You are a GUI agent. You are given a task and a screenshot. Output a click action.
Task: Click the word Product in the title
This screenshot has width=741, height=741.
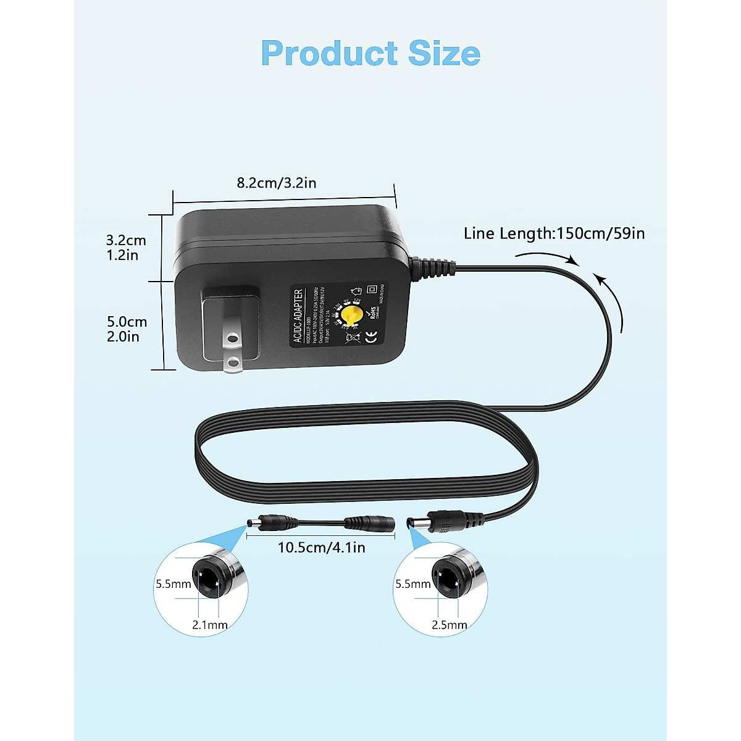coord(330,53)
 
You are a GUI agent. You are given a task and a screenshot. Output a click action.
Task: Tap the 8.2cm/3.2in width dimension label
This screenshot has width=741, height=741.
coord(277,183)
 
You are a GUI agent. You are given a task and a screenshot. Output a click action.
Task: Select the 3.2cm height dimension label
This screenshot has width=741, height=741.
coord(126,240)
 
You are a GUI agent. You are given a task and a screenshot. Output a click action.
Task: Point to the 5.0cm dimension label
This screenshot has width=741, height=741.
coord(127,322)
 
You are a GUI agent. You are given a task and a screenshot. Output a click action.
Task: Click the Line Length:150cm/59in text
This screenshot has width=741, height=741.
coord(554,233)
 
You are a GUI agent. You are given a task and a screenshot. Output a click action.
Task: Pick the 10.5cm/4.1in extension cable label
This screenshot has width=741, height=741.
coord(321,547)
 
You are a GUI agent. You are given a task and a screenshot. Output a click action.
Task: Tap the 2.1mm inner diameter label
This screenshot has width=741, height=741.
coord(210,625)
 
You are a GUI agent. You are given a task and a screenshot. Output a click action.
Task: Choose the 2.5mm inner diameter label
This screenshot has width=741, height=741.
coord(450,625)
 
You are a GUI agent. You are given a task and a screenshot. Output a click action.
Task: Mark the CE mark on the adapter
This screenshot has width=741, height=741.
coord(372,337)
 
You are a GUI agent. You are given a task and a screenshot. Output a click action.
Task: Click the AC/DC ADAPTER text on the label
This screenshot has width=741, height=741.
coord(299,316)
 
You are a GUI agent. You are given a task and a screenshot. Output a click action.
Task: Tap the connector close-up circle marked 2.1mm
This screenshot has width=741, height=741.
coord(201,588)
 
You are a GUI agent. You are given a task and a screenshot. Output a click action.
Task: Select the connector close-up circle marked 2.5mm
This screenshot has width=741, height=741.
coord(440,588)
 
